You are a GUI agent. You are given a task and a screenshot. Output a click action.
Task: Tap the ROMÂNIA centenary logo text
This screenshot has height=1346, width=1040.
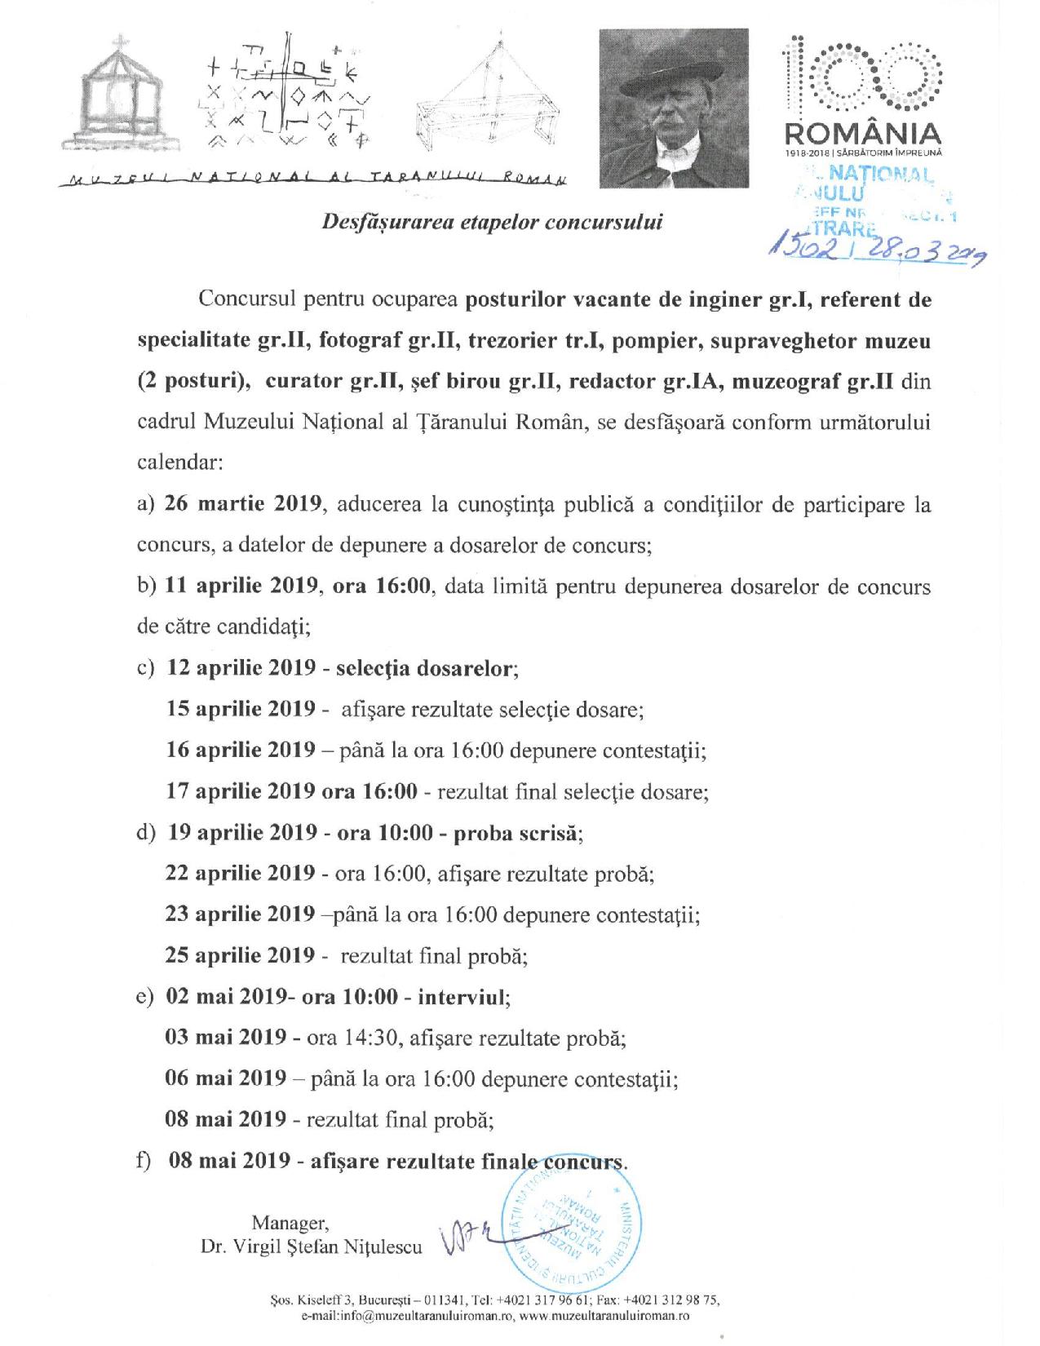(x=861, y=132)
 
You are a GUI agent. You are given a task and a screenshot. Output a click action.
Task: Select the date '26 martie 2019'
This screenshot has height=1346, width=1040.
(x=241, y=503)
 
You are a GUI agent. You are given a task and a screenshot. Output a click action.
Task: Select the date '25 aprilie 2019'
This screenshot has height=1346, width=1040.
(x=240, y=955)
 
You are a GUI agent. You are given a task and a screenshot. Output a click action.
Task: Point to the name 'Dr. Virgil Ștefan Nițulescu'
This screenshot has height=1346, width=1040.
(x=311, y=1247)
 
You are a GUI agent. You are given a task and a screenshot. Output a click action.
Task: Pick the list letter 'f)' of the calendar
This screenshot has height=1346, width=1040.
(x=145, y=1162)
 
